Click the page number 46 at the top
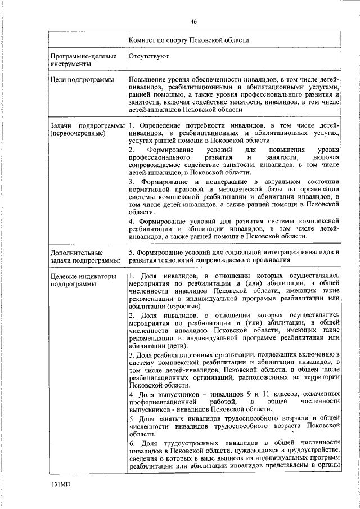click(193, 21)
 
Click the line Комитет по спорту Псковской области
click(188, 40)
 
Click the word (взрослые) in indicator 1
click(181, 306)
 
